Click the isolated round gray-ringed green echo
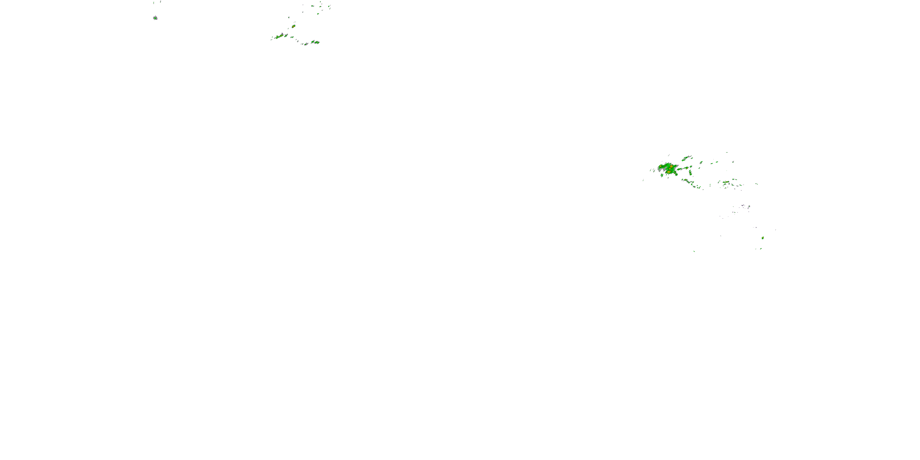point(155,18)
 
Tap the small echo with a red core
point(293,26)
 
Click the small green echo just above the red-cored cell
point(289,17)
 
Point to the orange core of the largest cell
point(671,166)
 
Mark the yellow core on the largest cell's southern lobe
point(669,172)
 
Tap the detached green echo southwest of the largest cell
point(662,175)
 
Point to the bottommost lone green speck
point(694,251)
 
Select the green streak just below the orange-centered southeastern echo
point(761,249)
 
